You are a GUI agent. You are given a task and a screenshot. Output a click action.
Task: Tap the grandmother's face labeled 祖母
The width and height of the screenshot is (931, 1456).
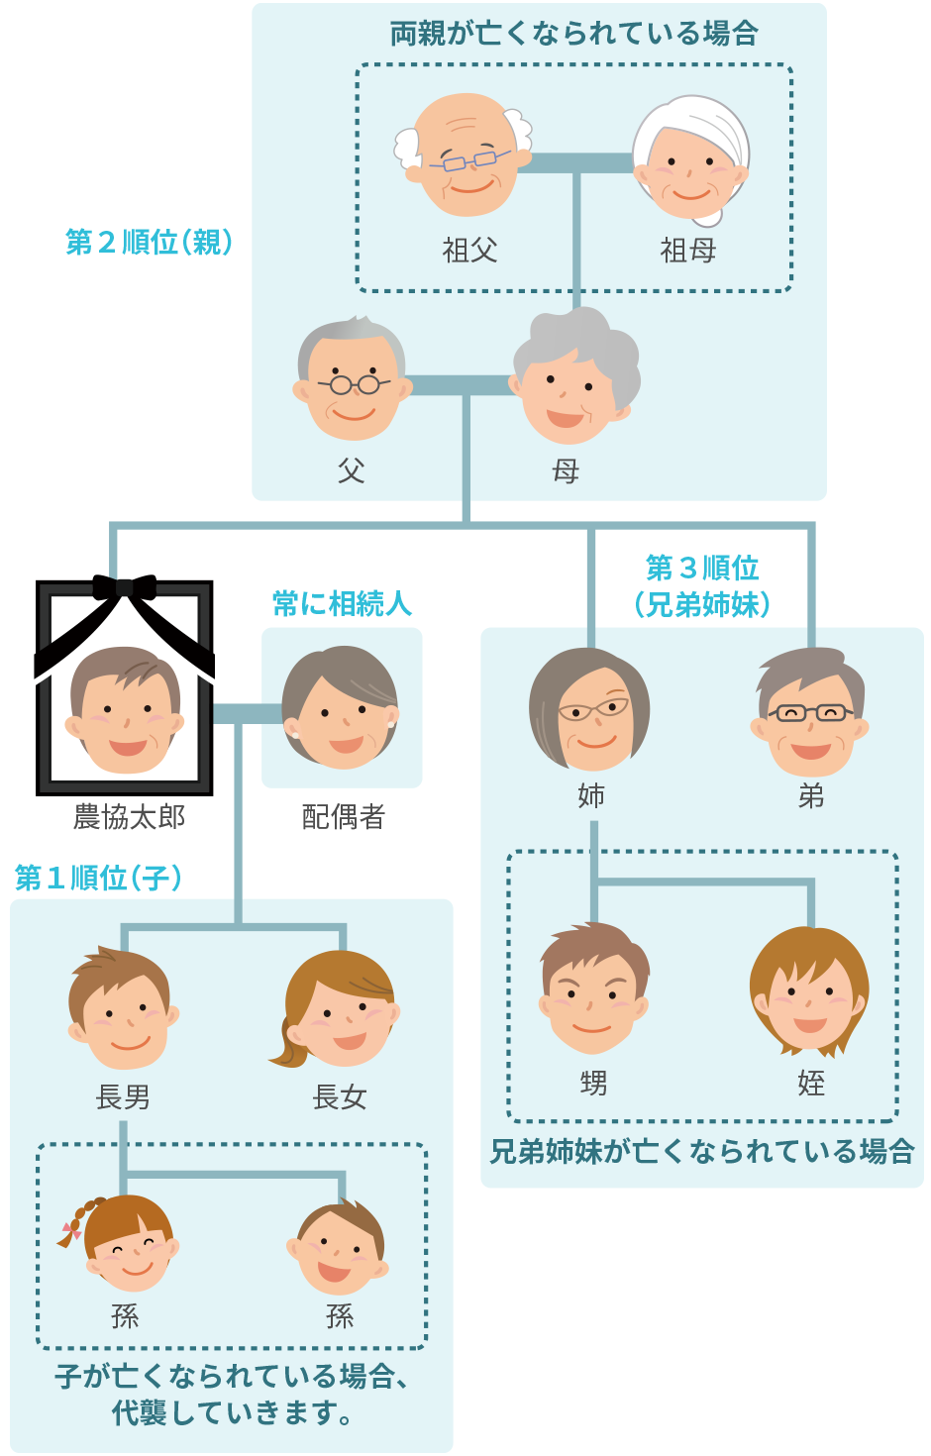pos(690,160)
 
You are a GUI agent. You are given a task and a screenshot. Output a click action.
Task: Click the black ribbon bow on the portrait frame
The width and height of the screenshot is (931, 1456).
pos(125,586)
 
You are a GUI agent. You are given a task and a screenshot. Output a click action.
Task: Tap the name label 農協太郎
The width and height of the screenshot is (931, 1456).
pos(129,817)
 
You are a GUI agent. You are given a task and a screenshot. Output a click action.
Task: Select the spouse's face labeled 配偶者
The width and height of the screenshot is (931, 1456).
pos(342,708)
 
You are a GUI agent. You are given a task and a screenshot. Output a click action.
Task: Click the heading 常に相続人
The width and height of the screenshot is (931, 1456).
pos(342,603)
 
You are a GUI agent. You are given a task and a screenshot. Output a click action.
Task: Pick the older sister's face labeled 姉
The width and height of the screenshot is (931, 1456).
pos(590,710)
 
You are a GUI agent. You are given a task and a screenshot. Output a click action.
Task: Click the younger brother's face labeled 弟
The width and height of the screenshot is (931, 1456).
pos(810,713)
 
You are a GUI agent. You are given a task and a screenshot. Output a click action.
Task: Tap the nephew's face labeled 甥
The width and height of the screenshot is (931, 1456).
pos(593,990)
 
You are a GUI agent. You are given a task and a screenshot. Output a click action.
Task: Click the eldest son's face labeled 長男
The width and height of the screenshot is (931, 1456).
pos(124,1010)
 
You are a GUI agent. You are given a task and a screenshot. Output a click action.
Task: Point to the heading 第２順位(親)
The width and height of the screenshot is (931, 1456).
pos(149,242)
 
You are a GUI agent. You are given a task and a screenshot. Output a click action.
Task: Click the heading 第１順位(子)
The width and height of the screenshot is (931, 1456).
pos(98,878)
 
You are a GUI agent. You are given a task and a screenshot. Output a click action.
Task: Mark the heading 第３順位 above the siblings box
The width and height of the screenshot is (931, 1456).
pos(702,569)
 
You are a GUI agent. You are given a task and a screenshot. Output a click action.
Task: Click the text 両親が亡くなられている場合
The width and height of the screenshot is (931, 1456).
pos(573,34)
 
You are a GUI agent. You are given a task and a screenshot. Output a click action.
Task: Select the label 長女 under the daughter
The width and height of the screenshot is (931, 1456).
pos(340,1096)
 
